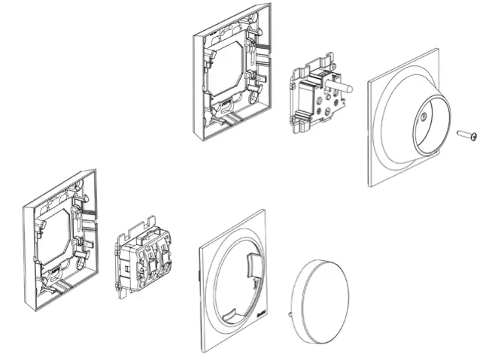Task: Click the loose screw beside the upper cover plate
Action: [x=466, y=135]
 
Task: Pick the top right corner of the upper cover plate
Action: [x=437, y=50]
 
